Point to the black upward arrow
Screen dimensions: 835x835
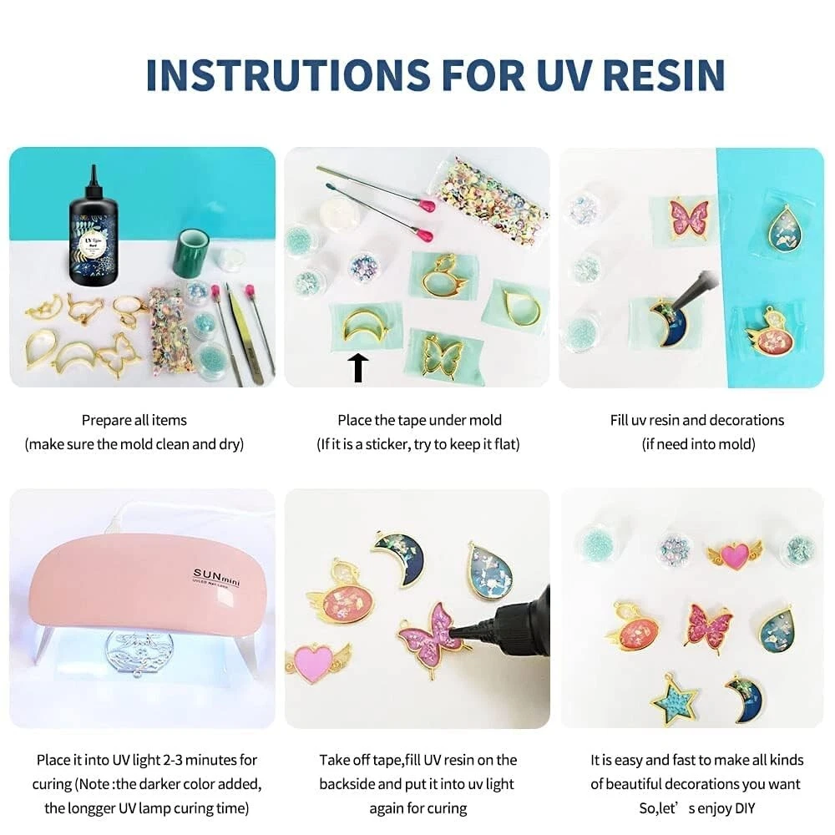[x=358, y=367]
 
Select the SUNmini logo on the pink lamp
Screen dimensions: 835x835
[x=216, y=577]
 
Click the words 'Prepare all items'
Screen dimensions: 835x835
[x=134, y=420]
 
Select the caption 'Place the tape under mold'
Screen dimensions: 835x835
[x=420, y=420]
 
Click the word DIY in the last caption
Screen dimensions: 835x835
[x=745, y=808]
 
